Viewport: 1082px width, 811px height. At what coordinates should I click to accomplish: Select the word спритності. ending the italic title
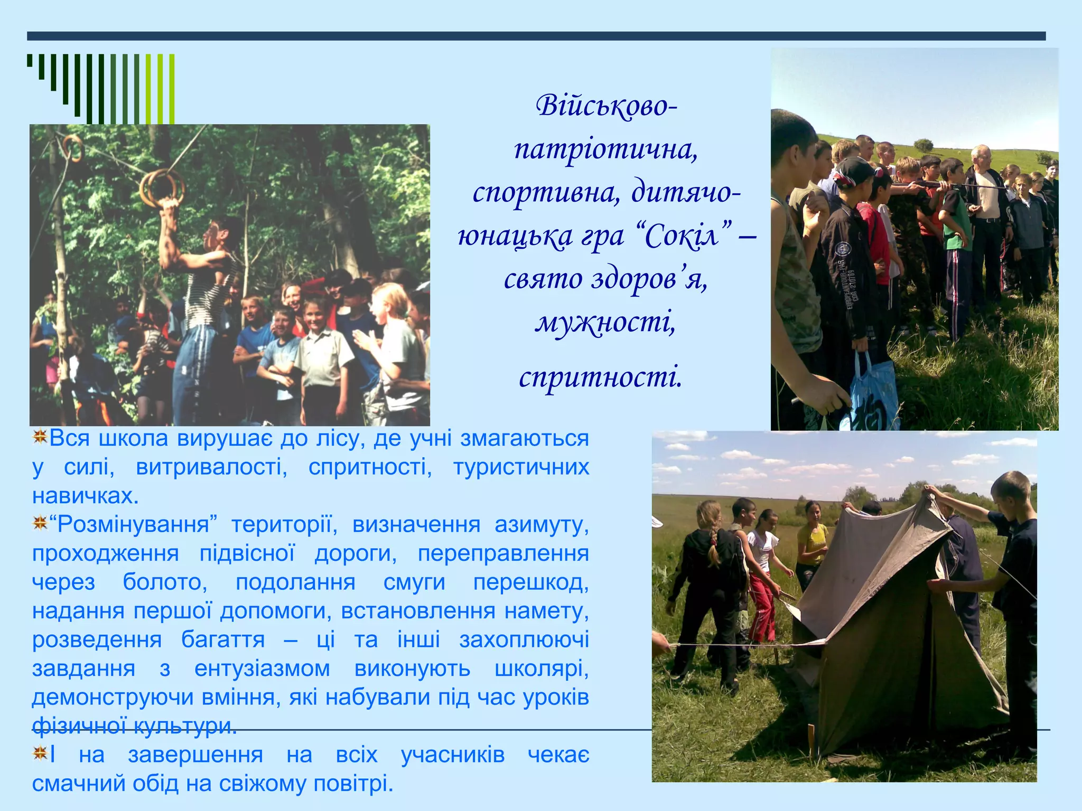coord(601,377)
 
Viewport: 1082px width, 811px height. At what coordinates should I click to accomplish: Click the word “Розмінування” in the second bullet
coord(133,525)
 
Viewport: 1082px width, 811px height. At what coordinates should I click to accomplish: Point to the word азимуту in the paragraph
coord(542,525)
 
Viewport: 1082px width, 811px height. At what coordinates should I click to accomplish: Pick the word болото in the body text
coord(165,582)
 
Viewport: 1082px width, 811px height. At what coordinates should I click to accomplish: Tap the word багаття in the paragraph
coord(223,640)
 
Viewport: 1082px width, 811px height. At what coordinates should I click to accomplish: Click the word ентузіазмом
coord(262,669)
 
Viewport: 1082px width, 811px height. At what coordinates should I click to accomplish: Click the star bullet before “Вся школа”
coord(40,437)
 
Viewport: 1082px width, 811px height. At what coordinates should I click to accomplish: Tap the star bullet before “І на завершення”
coord(40,753)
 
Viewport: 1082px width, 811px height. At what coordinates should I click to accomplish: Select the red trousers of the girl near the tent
coord(762,607)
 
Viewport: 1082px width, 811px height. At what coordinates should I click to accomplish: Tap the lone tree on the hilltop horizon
coord(923,144)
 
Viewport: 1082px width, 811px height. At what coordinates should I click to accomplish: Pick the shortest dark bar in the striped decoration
coord(30,60)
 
